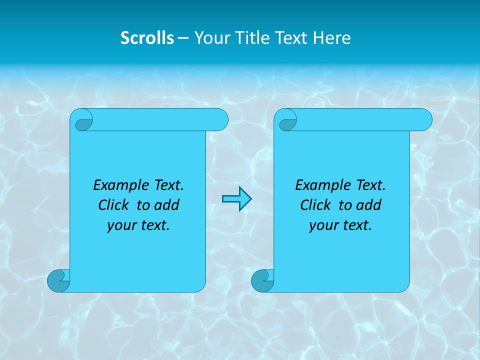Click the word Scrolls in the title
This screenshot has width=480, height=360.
(x=147, y=38)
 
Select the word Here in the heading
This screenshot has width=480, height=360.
(x=332, y=38)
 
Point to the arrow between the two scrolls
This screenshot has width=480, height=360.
(x=236, y=199)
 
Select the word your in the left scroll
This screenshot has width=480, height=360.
(x=119, y=225)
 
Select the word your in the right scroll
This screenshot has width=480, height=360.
(x=321, y=225)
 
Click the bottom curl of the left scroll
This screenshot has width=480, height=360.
(x=58, y=280)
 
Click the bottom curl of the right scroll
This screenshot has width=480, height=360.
(x=262, y=280)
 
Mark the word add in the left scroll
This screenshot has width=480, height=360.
(x=166, y=205)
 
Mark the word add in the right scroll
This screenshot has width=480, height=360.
(x=368, y=205)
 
